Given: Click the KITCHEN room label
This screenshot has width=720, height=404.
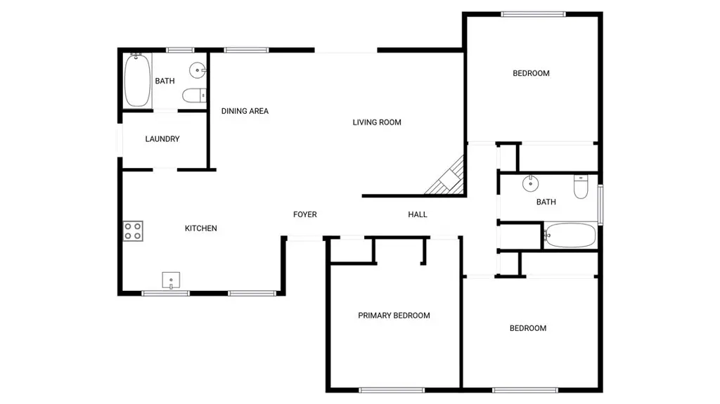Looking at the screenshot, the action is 200,228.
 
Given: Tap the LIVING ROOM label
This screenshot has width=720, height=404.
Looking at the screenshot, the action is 377,122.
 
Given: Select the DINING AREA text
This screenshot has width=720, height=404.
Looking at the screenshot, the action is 245,111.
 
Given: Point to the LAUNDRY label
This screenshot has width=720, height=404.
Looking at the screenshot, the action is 162,138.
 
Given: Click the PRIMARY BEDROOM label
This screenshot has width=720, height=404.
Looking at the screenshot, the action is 394,315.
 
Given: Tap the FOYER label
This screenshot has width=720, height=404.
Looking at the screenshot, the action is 305,214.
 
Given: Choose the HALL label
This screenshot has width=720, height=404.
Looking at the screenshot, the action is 418,214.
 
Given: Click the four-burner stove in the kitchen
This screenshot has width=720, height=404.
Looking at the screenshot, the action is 133,231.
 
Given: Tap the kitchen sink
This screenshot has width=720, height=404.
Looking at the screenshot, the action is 171,280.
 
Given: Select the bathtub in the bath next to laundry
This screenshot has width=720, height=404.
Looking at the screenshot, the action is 137,80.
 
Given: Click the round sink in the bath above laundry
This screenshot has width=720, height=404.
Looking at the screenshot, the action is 198,71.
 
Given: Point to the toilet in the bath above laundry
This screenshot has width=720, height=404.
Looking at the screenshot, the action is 194,96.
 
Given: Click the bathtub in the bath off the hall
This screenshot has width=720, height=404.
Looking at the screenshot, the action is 570,235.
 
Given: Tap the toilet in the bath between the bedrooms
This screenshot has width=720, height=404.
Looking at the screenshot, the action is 581,187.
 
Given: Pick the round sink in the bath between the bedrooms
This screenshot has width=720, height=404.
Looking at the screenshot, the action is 530,183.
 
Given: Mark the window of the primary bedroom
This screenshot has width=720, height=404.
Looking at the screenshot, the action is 392,390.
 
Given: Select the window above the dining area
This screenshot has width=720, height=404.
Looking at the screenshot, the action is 247,50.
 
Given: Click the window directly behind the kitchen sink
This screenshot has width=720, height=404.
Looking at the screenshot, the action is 165,293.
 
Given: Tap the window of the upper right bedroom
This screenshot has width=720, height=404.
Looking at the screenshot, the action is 533,14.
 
